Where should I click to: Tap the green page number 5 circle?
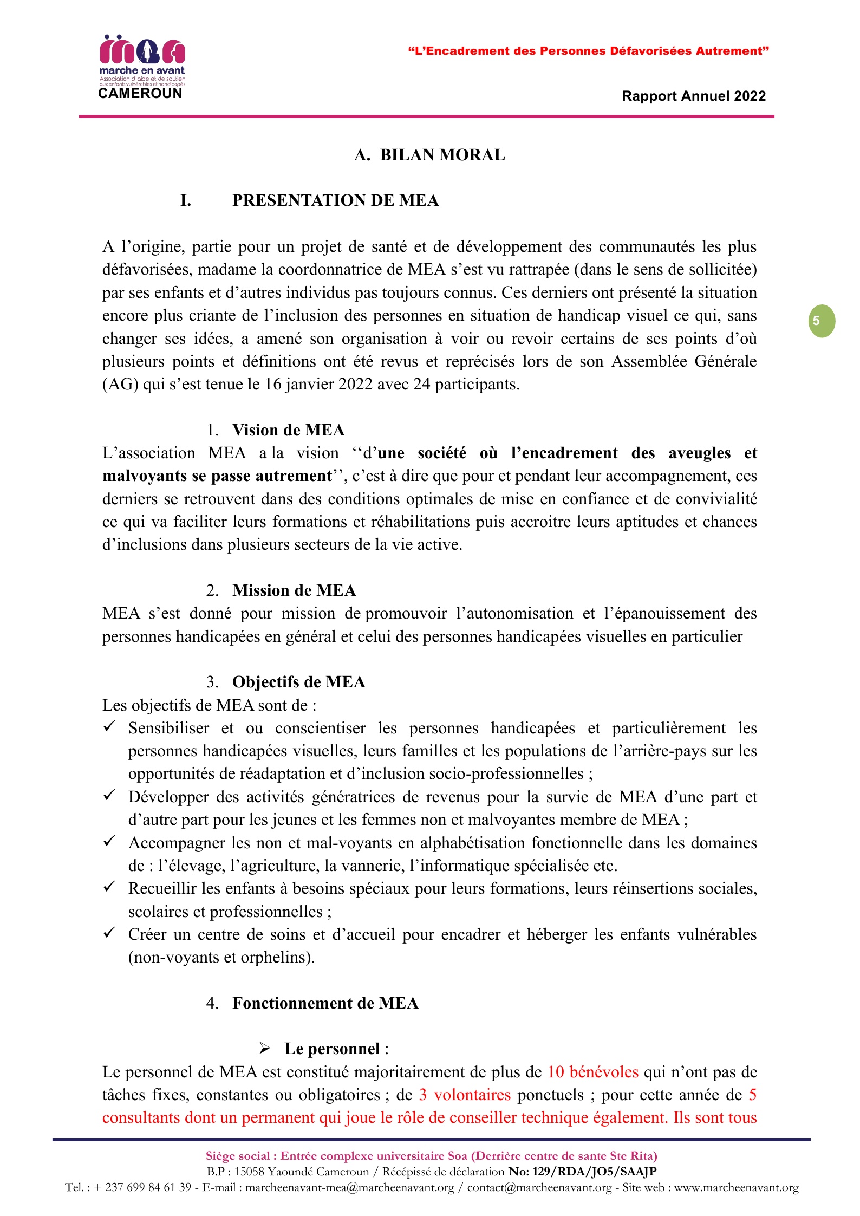(822, 321)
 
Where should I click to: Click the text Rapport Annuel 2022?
(693, 96)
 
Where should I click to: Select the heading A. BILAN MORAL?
(429, 155)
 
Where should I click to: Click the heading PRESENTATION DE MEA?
(335, 200)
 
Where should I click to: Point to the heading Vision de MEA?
(288, 430)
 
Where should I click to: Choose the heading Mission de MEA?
(294, 590)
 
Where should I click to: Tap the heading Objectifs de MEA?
(298, 682)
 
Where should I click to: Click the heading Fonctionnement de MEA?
(325, 1003)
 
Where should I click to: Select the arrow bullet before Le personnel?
(265, 1049)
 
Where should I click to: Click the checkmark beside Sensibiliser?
(109, 726)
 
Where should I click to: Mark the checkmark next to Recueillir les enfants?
(109, 887)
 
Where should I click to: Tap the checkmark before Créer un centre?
(109, 933)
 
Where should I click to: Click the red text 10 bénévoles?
(592, 1072)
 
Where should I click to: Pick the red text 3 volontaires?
(465, 1095)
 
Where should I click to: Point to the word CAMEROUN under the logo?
(140, 94)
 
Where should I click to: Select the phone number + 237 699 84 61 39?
(142, 1187)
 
